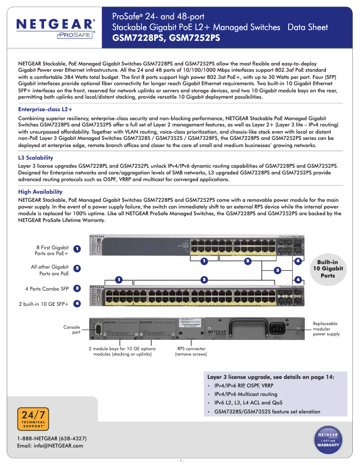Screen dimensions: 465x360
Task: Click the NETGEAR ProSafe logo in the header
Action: pyautogui.click(x=56, y=28)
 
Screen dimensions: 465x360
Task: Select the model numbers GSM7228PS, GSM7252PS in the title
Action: pyautogui.click(x=166, y=38)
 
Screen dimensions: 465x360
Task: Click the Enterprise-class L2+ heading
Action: pyautogui.click(x=45, y=109)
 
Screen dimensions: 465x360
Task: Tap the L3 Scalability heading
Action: pyautogui.click(x=35, y=158)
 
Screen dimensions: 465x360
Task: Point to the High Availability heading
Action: pyautogui.click(x=40, y=192)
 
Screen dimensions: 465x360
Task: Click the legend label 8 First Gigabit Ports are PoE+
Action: pyautogui.click(x=52, y=250)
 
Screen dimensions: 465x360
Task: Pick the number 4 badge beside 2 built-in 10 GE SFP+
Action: pyautogui.click(x=77, y=304)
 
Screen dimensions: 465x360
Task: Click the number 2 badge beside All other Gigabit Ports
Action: pyautogui.click(x=77, y=268)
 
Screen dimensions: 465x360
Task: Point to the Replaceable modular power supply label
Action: pyautogui.click(x=325, y=329)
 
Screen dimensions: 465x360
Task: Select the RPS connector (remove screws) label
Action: pyautogui.click(x=191, y=351)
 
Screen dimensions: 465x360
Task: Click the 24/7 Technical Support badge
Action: pyautogui.click(x=33, y=419)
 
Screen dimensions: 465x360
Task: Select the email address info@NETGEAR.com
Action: pyautogui.click(x=50, y=446)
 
